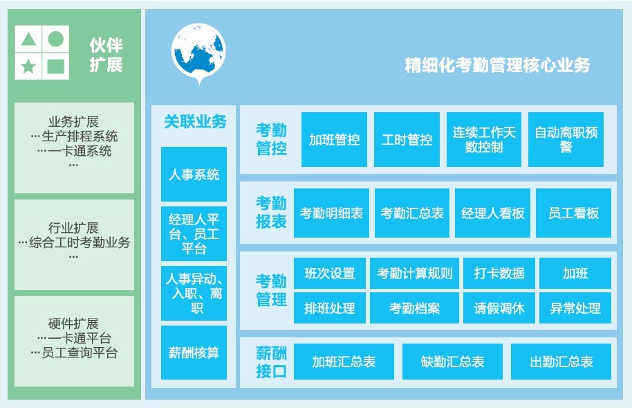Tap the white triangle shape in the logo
tap(28, 39)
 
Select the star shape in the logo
tap(28, 66)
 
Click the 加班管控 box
tap(334, 139)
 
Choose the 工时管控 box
tap(407, 139)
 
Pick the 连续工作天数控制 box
tap(483, 139)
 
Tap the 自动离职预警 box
tap(566, 139)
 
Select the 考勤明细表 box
tap(331, 213)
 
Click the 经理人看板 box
tap(492, 213)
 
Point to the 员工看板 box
tap(573, 213)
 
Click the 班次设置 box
tap(330, 274)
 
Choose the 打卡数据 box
tap(499, 274)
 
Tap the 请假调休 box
tap(499, 308)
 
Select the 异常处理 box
tap(575, 308)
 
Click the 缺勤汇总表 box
tap(452, 362)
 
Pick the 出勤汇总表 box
tap(561, 362)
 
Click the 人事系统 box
tap(194, 174)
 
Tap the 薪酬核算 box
tap(194, 353)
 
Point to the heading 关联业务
tap(195, 122)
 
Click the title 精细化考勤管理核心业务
tap(497, 65)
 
